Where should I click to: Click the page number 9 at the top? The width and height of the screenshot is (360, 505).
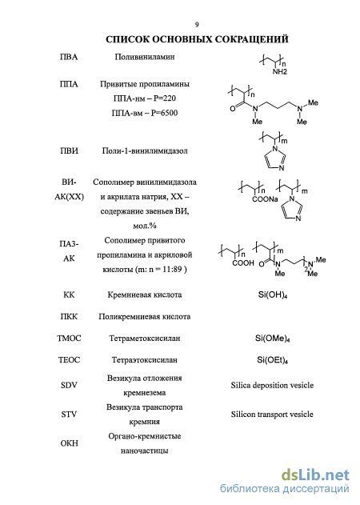(x=197, y=25)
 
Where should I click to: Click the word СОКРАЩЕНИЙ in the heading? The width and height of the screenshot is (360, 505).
(x=251, y=39)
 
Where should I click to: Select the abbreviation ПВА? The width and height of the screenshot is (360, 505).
(x=69, y=57)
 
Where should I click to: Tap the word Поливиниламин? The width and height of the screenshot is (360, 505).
(x=145, y=57)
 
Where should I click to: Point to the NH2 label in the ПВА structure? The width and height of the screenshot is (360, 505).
(x=279, y=72)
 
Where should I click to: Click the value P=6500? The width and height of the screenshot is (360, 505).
(x=164, y=113)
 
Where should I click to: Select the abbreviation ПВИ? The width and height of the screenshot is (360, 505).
(x=69, y=150)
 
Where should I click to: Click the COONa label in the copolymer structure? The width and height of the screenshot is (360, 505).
(x=265, y=199)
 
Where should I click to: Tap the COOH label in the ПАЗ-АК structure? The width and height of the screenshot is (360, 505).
(x=243, y=263)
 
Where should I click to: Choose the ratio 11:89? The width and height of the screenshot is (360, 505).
(x=172, y=269)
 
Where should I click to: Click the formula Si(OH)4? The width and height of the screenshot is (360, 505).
(x=273, y=295)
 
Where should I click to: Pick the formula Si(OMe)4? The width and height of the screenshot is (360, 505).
(x=273, y=339)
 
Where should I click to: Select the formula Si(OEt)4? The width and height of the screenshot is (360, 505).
(x=273, y=360)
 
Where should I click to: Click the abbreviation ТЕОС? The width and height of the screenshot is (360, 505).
(x=69, y=360)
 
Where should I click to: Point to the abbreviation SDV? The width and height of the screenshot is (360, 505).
(x=69, y=385)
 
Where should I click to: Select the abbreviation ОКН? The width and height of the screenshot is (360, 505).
(x=69, y=443)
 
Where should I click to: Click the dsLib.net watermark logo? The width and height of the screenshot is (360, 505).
(x=315, y=475)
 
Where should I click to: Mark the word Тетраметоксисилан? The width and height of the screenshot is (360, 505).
(x=145, y=339)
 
